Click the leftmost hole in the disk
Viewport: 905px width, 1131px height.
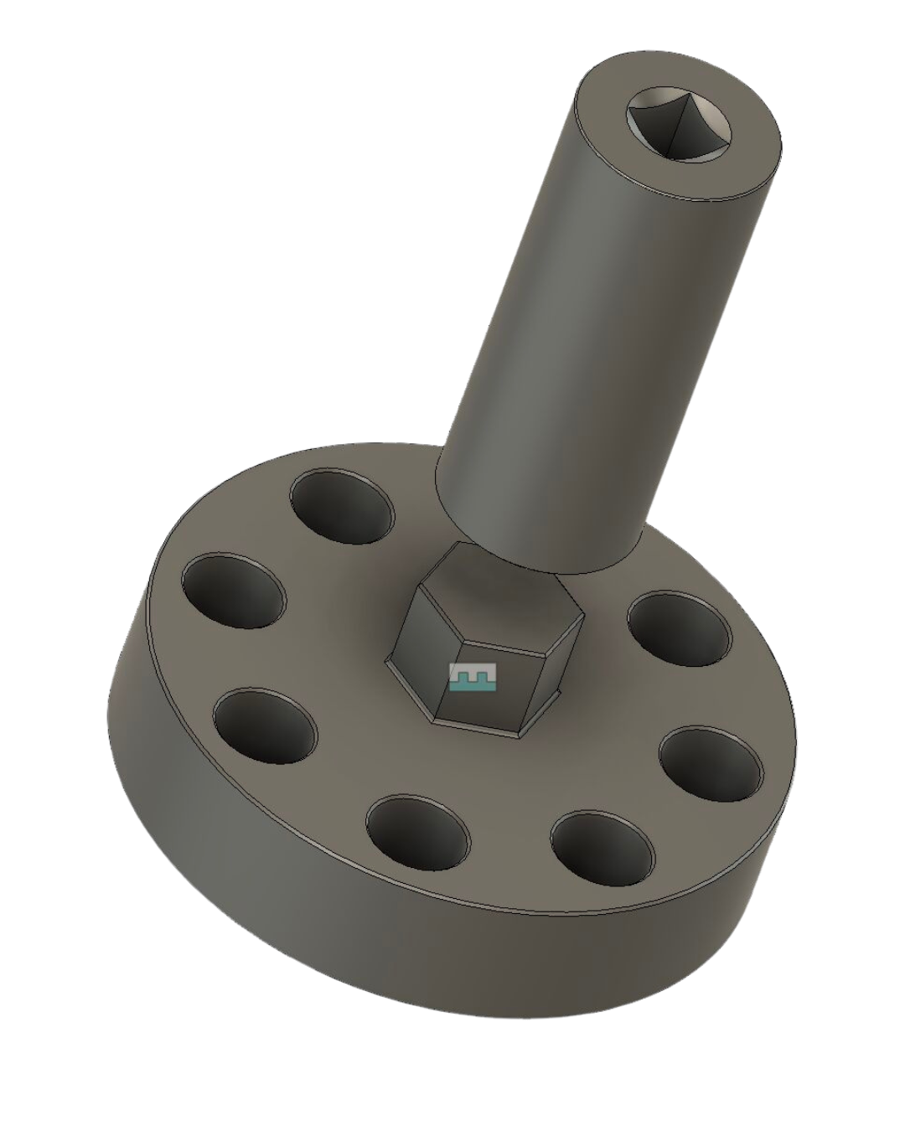point(234,590)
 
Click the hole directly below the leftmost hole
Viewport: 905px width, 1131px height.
point(266,726)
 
